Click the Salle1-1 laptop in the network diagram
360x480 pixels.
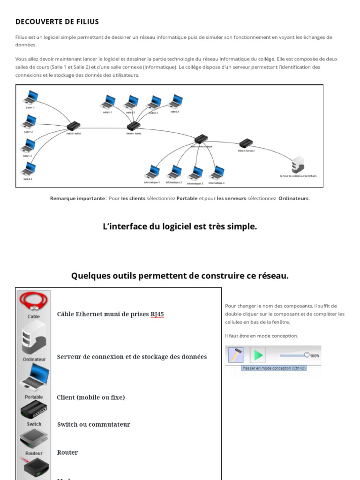pyautogui.click(x=30, y=98)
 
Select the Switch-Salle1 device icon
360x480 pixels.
pyautogui.click(x=73, y=126)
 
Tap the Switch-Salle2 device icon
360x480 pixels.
pyautogui.click(x=134, y=126)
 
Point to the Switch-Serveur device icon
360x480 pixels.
pyautogui.click(x=246, y=143)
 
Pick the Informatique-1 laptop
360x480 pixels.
pyautogui.click(x=152, y=172)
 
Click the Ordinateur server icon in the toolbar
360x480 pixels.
pyautogui.click(x=34, y=337)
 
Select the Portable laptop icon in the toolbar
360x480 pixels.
pyautogui.click(x=34, y=377)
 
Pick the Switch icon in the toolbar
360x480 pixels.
pyautogui.click(x=34, y=410)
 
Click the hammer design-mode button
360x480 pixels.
pyautogui.click(x=235, y=355)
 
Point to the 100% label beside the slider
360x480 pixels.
pyautogui.click(x=315, y=356)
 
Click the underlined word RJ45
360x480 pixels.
pyautogui.click(x=157, y=314)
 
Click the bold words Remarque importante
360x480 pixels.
pyautogui.click(x=77, y=198)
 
